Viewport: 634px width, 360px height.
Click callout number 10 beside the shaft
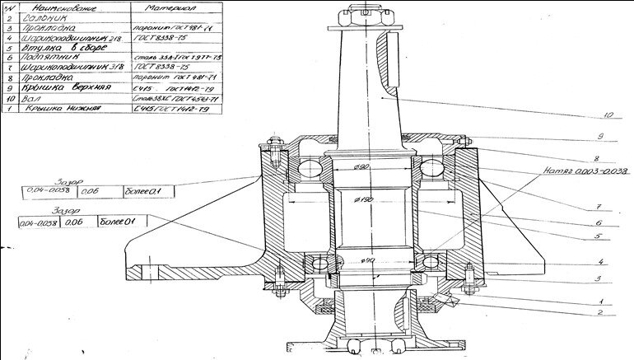pos(608,115)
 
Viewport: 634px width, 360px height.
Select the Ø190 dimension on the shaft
pos(364,199)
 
